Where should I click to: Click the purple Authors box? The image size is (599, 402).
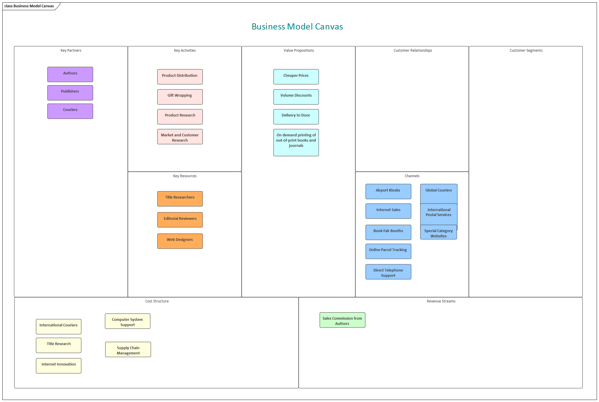pos(70,74)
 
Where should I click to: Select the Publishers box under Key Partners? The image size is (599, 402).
pos(70,93)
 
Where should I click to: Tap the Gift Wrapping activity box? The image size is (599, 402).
pos(180,97)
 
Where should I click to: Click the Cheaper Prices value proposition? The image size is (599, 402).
pos(296,77)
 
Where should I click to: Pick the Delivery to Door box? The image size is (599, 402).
pos(296,117)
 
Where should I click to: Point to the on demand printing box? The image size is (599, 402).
pos(296,142)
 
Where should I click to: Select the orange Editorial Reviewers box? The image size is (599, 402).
pos(180,220)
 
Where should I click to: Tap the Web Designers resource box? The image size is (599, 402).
pos(180,241)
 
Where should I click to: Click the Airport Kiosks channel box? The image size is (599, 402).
pos(388,192)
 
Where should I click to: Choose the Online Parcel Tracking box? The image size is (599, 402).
pos(388,251)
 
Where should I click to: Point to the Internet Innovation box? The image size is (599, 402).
pos(58,366)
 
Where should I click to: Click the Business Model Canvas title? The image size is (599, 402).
pos(297,27)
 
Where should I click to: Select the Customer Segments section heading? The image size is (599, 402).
pos(526,51)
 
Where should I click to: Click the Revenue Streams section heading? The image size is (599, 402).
pos(441,301)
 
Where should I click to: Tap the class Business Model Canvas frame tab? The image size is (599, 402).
pos(29,6)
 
